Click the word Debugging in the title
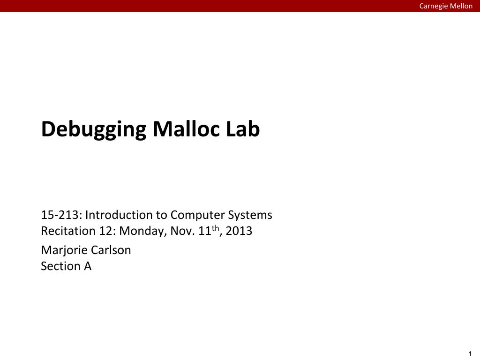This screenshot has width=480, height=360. coord(94,130)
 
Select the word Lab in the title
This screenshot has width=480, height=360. coord(243,129)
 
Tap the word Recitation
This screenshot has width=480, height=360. coord(68,231)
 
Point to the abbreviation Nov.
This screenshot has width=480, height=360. coord(182,231)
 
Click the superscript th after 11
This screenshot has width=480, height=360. coord(216,228)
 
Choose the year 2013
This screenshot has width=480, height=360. coord(239,231)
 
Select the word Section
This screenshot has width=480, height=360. coord(60,266)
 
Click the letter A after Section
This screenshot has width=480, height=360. coord(88,266)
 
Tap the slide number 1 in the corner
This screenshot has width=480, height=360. coord(470,354)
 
